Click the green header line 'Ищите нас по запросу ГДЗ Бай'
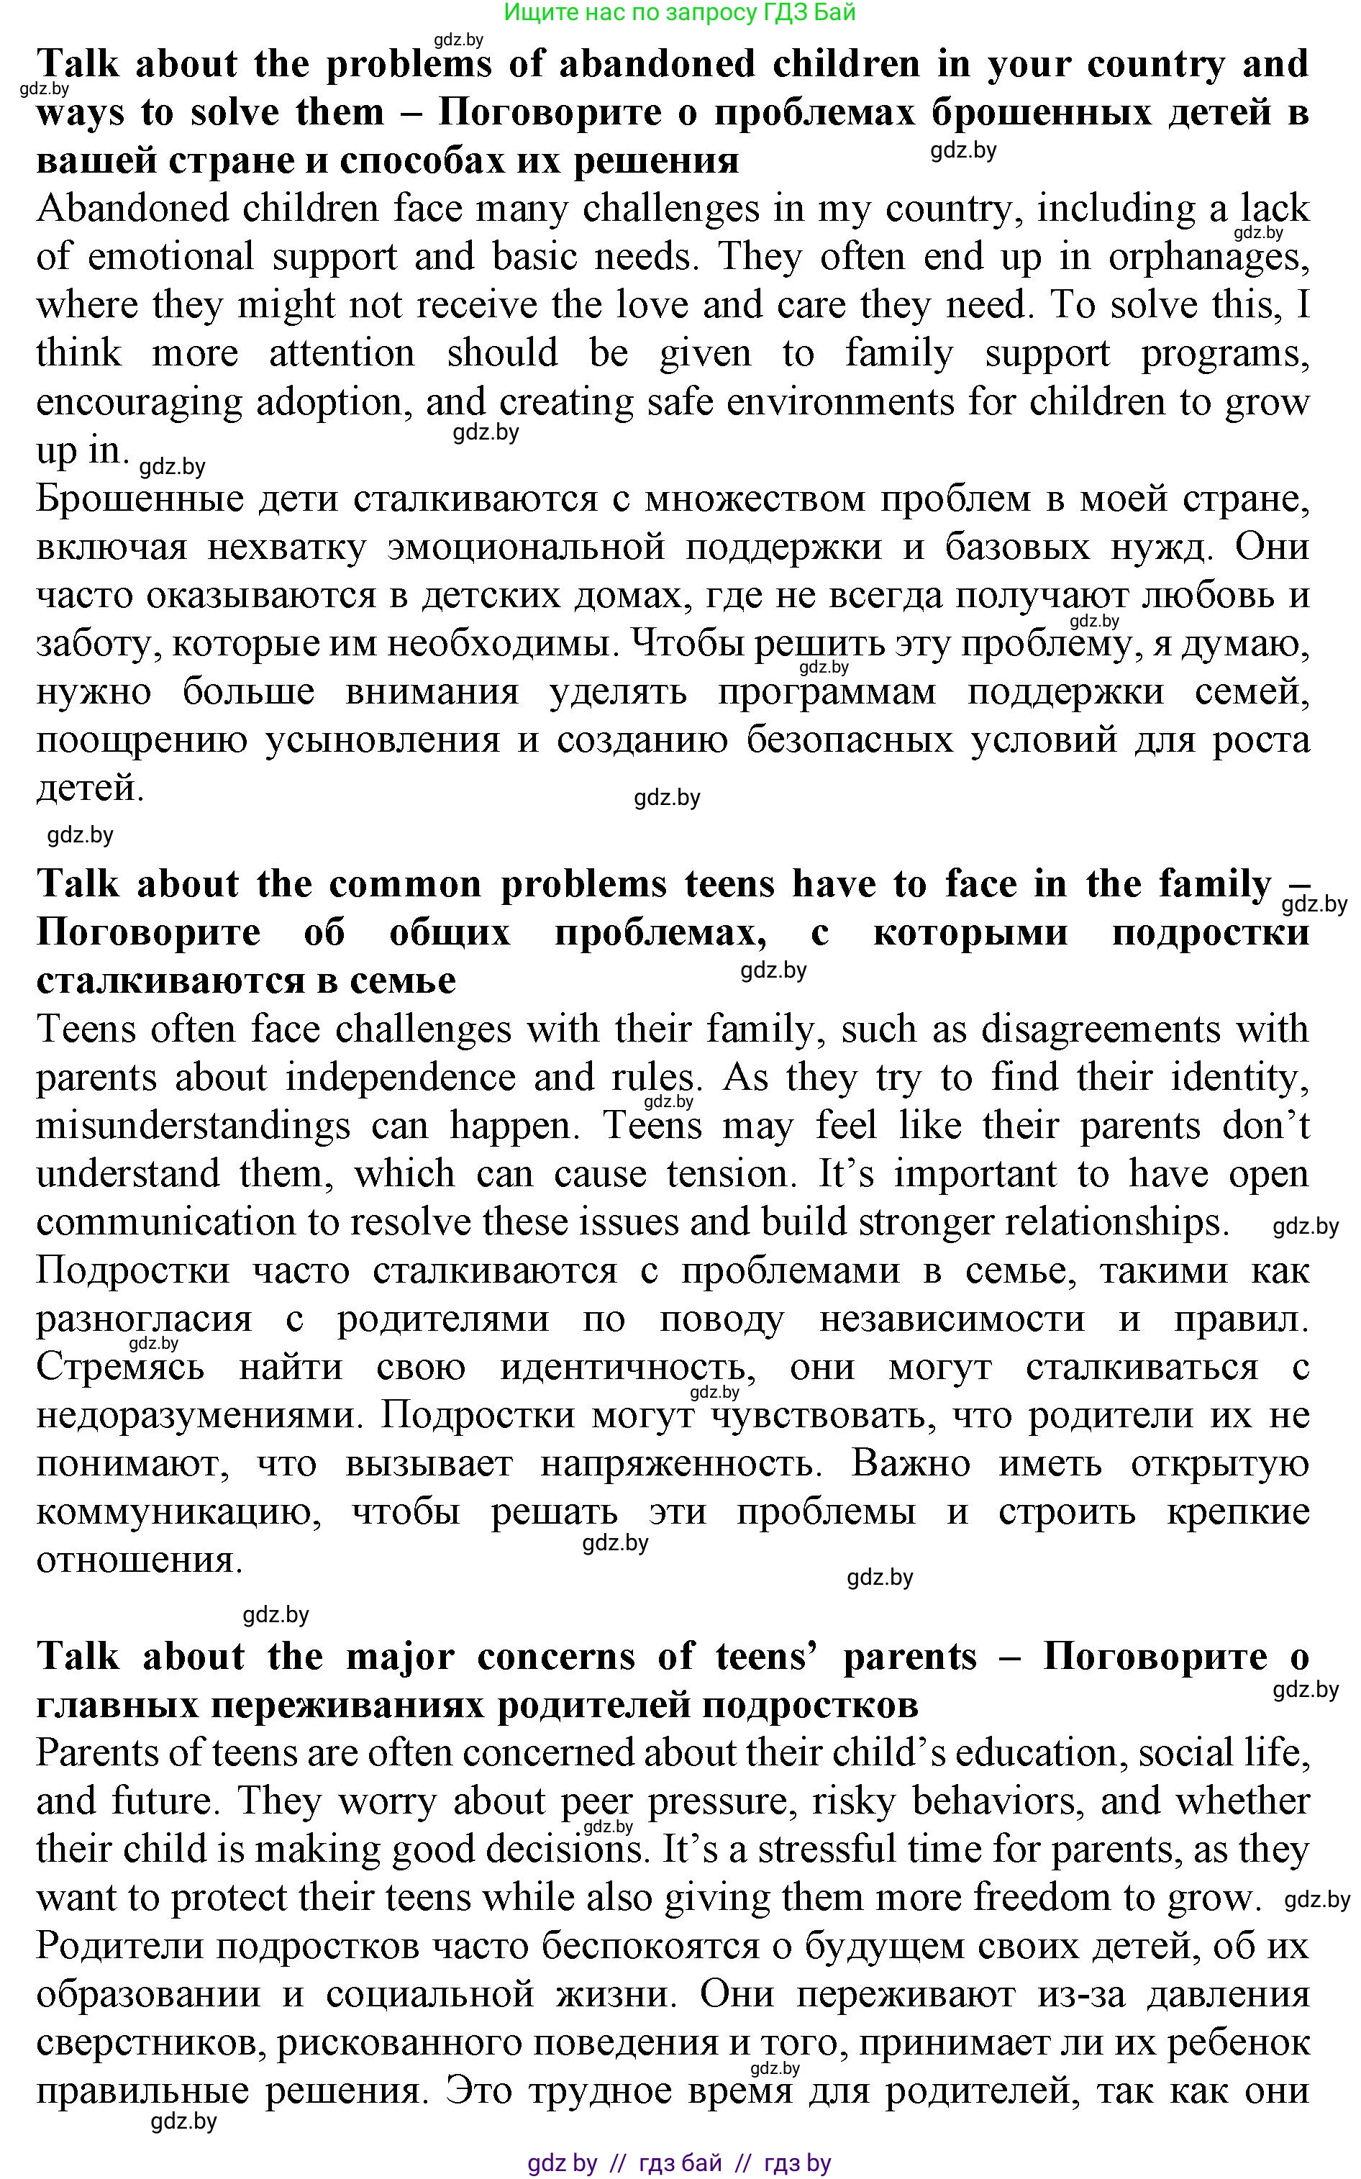pos(680,13)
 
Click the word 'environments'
pos(839,402)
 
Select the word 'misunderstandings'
pos(193,1127)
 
